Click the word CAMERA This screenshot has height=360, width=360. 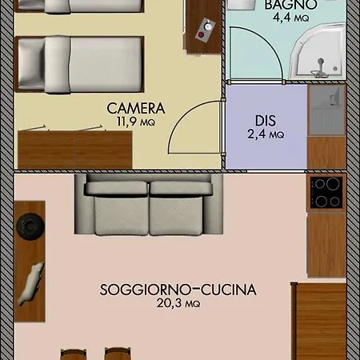click(x=136, y=108)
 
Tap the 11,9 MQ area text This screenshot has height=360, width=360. click(x=136, y=122)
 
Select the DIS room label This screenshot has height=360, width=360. click(x=266, y=121)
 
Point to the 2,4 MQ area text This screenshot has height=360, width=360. click(x=266, y=134)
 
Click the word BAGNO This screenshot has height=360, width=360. click(x=290, y=5)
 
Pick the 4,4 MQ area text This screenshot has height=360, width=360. click(x=290, y=18)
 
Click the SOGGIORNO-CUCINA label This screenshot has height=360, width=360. click(x=178, y=290)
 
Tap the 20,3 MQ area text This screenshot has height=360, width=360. click(x=178, y=303)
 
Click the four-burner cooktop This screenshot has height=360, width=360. click(x=326, y=192)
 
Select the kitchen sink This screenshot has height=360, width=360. click(x=326, y=110)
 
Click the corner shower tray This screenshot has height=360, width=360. click(x=318, y=51)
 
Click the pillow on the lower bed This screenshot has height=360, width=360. click(x=31, y=64)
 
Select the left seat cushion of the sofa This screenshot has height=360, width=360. click(x=122, y=216)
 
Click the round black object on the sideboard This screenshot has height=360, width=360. click(x=30, y=226)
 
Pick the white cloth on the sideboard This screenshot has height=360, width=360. click(x=30, y=284)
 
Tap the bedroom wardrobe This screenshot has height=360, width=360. click(x=75, y=150)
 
